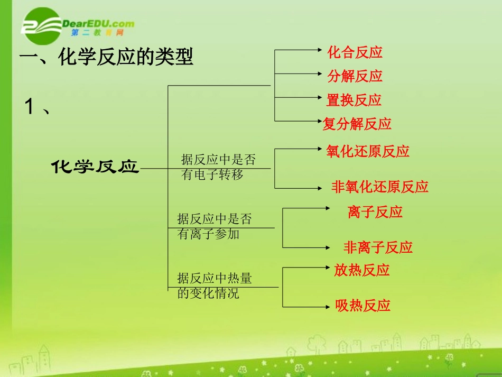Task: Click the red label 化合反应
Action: (355, 52)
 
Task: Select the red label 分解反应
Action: (355, 76)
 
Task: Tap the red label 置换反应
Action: (354, 100)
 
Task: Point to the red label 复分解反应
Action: (357, 124)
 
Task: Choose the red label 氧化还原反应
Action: (368, 152)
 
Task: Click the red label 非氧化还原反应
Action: (379, 187)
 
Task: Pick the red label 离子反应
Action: (375, 213)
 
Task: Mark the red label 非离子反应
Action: (378, 247)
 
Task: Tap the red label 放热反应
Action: (361, 271)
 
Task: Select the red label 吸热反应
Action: (363, 306)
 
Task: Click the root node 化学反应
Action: (95, 168)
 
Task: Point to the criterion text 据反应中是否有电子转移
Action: (218, 167)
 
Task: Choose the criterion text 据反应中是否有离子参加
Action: (215, 226)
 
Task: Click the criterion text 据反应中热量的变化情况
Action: (215, 286)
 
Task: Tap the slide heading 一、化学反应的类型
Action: (106, 57)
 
